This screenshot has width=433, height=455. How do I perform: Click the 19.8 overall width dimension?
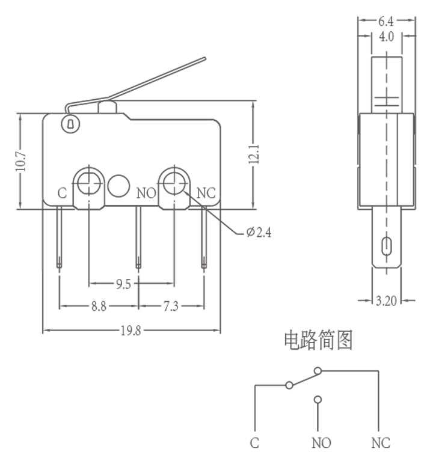click(x=131, y=331)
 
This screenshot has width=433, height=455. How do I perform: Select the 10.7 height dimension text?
click(x=20, y=162)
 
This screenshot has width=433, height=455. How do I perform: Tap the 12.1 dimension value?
click(x=254, y=154)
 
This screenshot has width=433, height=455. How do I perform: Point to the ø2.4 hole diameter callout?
click(x=259, y=232)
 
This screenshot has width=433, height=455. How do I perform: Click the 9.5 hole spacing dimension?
click(x=124, y=284)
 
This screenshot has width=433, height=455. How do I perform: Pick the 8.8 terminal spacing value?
click(x=99, y=306)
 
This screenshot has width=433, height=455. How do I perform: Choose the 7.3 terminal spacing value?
click(x=171, y=306)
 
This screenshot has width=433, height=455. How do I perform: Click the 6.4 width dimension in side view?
click(x=386, y=21)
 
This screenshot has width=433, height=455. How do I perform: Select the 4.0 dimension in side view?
click(x=386, y=37)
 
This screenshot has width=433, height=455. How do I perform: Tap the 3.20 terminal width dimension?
click(x=386, y=301)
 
